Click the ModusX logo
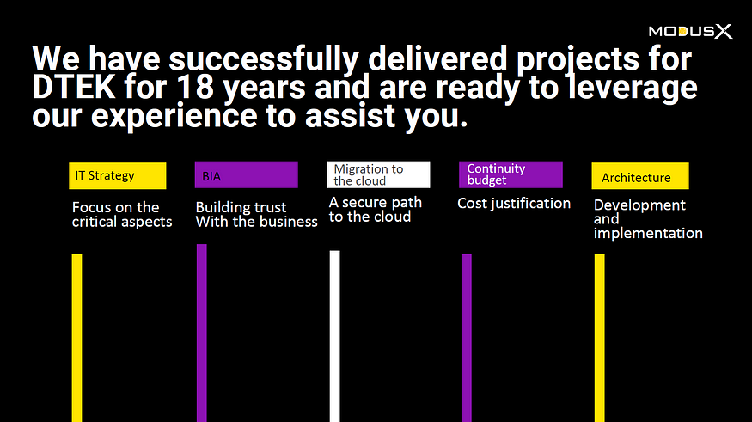click(x=691, y=32)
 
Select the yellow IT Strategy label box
click(x=118, y=176)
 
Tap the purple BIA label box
click(x=247, y=174)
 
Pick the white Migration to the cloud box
click(x=378, y=174)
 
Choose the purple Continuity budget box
click(x=511, y=174)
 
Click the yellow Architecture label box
click(x=640, y=176)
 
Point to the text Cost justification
click(x=514, y=204)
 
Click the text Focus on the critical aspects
click(x=122, y=214)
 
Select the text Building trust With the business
click(x=257, y=214)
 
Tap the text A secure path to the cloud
click(x=375, y=210)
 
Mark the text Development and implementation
click(x=648, y=218)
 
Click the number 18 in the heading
click(x=195, y=88)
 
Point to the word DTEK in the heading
click(x=74, y=88)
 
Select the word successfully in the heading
click(x=264, y=59)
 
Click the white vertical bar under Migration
click(x=335, y=336)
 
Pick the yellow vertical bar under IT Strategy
click(x=76, y=338)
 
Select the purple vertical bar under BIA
click(x=202, y=333)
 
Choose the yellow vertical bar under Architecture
click(x=600, y=338)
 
